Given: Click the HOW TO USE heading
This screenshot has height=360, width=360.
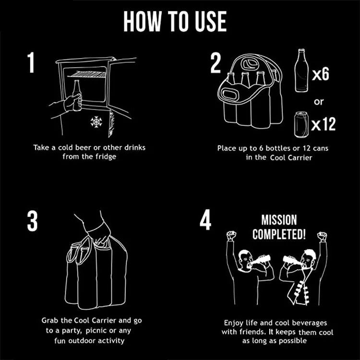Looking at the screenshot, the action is (x=175, y=21).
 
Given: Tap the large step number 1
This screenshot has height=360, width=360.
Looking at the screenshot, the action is (x=31, y=62).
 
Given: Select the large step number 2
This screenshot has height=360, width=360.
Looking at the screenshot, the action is (x=216, y=63).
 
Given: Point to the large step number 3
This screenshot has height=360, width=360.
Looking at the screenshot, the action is (x=32, y=221).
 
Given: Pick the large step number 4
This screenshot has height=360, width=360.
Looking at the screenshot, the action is (x=205, y=219).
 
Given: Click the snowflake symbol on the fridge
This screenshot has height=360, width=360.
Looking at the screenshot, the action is (x=96, y=122).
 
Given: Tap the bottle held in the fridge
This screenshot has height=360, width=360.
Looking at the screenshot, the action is (x=77, y=96).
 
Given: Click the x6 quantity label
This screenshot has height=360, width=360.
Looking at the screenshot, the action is (x=321, y=74).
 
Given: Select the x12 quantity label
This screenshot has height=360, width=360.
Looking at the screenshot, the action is (x=323, y=124).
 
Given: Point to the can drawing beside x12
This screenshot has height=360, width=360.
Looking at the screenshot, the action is (x=301, y=125).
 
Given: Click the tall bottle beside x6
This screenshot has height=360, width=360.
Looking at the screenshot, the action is (x=301, y=71).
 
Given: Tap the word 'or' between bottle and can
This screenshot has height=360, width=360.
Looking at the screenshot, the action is (x=319, y=101).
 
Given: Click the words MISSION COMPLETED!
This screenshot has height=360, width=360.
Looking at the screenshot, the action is (x=279, y=227).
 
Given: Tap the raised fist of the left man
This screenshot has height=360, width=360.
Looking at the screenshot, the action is (x=231, y=236).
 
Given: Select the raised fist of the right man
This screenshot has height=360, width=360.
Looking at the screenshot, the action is (x=322, y=237).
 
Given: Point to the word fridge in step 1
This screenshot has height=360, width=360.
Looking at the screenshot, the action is (x=106, y=157).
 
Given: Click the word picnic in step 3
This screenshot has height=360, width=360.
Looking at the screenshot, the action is (x=96, y=331).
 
